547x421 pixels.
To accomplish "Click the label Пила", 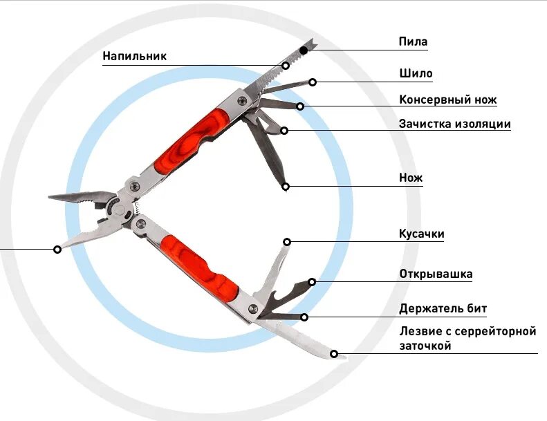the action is tap(413, 42).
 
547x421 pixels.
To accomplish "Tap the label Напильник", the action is tap(135, 56).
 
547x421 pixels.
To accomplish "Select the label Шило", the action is tap(416, 73).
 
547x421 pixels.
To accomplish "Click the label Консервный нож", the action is tap(447, 100).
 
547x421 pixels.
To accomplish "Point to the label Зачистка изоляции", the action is tap(454, 124).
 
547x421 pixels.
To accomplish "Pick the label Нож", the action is tap(410, 178).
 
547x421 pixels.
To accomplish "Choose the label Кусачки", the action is tap(421, 234).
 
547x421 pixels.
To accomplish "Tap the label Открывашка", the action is tap(436, 274).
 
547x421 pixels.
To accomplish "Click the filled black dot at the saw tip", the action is tap(304, 50).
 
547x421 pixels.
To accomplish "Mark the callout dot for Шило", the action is tap(313, 82).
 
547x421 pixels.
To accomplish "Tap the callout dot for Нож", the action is tap(286, 186).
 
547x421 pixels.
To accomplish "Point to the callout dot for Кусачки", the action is tap(288, 242).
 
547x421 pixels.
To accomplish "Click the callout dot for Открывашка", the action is tap(312, 281).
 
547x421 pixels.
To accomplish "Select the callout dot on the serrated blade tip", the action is tap(334, 354).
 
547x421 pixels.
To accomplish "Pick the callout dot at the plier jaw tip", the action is tap(57, 249).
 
